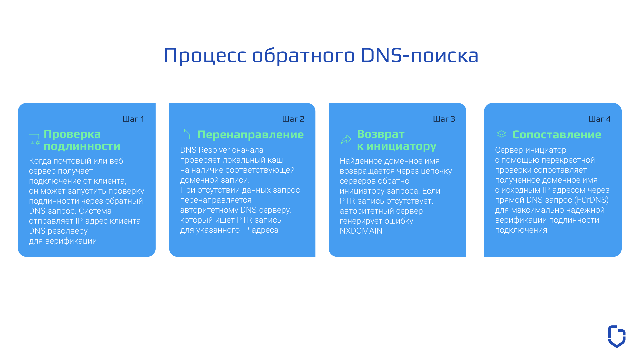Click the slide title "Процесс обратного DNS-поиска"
coord(321,55)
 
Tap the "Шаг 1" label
coord(133,119)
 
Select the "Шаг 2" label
coord(293,119)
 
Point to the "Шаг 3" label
coord(444,119)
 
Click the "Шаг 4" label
coord(599,119)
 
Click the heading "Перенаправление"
coord(251,135)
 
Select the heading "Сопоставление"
coord(557,135)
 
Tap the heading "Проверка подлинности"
coord(82,140)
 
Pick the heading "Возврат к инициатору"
coord(397,140)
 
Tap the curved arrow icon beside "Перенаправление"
coord(187,134)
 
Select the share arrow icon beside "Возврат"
coord(346,139)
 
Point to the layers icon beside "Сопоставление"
coord(501,134)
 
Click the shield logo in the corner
coord(617,336)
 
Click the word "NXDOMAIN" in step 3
coord(361,231)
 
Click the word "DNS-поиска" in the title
coord(420,55)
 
